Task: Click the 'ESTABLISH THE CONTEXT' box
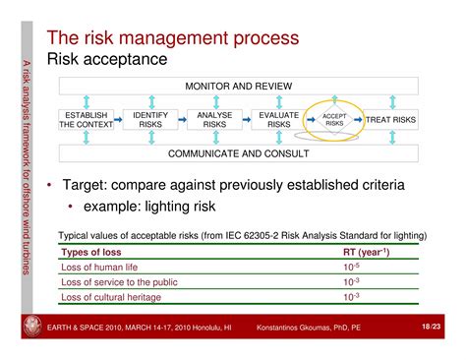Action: point(86,119)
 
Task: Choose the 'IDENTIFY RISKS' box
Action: point(150,119)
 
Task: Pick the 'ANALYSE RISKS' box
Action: point(214,119)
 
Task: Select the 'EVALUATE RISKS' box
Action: point(279,119)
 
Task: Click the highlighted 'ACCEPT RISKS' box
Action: point(334,119)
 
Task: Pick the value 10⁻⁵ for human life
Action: point(351,266)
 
